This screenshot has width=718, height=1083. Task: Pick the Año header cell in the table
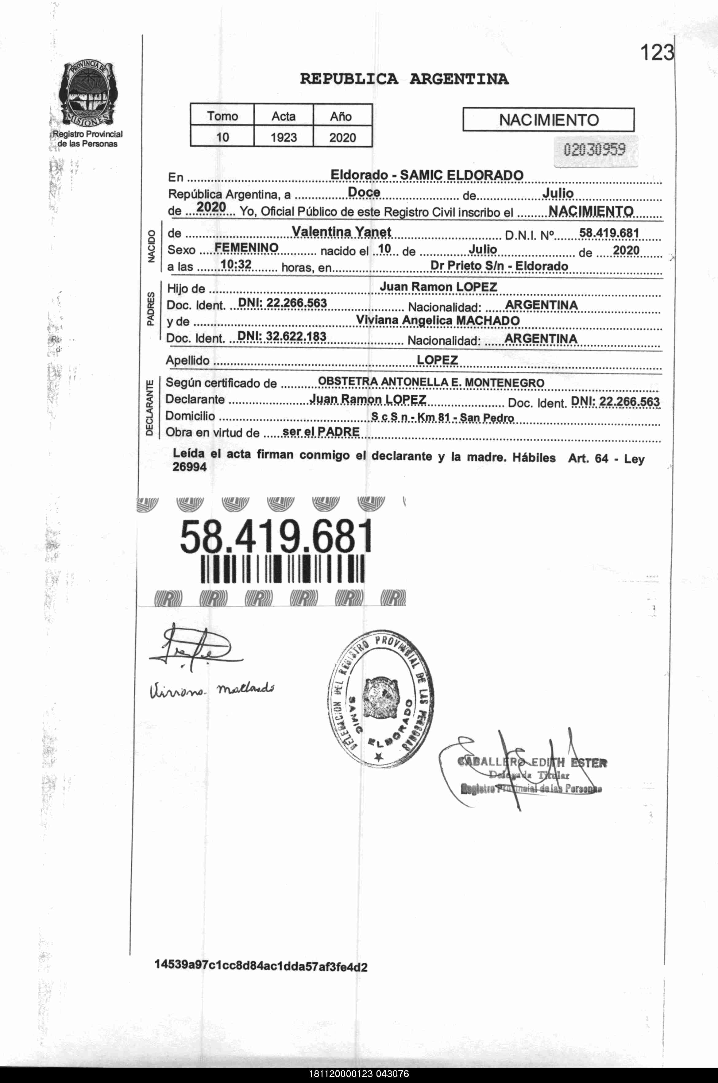(x=341, y=116)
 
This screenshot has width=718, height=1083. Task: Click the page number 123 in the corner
(x=657, y=53)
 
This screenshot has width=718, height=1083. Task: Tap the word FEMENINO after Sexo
(x=246, y=248)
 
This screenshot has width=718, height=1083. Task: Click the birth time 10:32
(x=236, y=264)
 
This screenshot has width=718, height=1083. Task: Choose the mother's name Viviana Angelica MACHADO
(x=438, y=321)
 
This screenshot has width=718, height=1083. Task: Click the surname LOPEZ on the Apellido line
(x=437, y=360)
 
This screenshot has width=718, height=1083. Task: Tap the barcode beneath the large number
(x=283, y=569)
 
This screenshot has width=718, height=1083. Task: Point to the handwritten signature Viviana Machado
(x=211, y=689)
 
